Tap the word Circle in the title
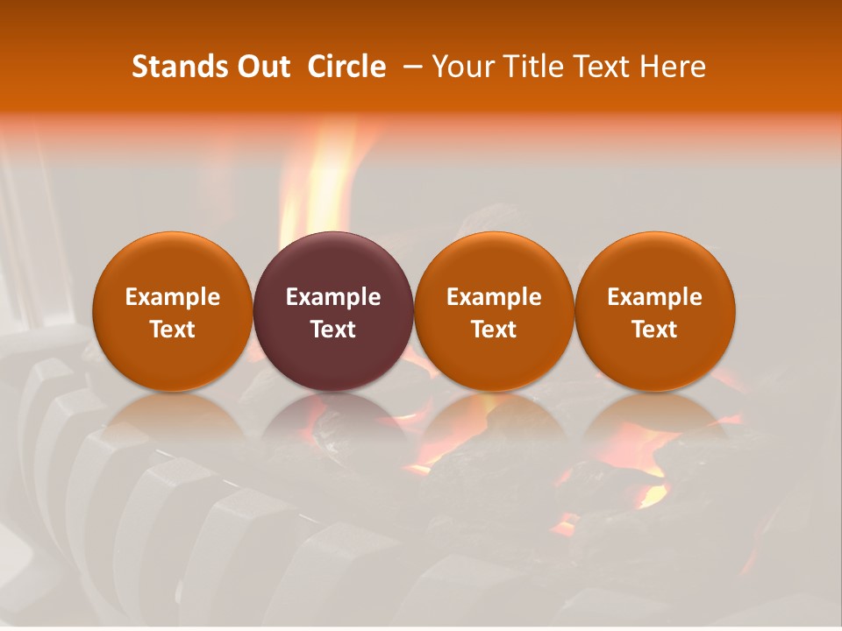click(x=346, y=67)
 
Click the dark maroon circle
click(x=333, y=311)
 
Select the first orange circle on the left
click(x=173, y=311)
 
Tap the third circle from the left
click(x=494, y=311)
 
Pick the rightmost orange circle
click(x=655, y=311)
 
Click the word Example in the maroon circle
click(x=333, y=297)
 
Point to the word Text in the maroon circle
click(x=333, y=330)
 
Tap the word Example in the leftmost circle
click(x=173, y=297)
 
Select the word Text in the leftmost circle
click(x=173, y=330)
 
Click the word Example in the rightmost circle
click(x=655, y=297)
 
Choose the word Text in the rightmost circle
click(x=655, y=330)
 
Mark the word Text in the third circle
click(x=494, y=330)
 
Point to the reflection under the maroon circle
click(x=333, y=421)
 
